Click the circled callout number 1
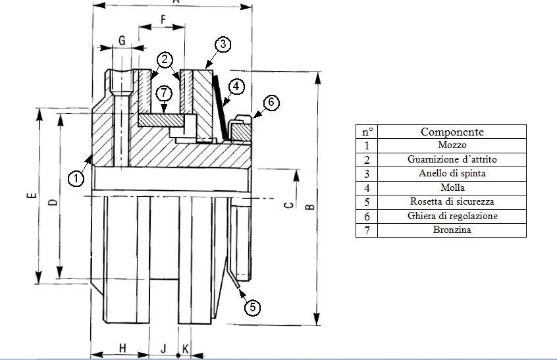[76, 178]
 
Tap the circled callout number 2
[165, 61]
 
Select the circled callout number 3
[223, 45]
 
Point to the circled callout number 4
[236, 86]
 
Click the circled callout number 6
[271, 103]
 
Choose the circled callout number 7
[165, 93]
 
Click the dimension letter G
[121, 39]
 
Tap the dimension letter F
[163, 20]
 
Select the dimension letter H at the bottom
[122, 347]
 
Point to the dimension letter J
[163, 347]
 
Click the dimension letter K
[186, 347]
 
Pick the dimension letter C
[288, 205]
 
